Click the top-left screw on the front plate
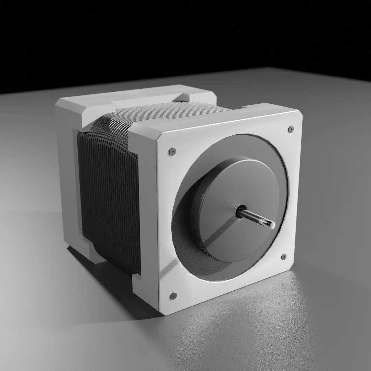point(172,151)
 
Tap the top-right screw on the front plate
point(291,129)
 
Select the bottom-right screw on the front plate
point(283,257)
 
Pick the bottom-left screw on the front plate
point(173,296)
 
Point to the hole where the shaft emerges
point(240,211)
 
